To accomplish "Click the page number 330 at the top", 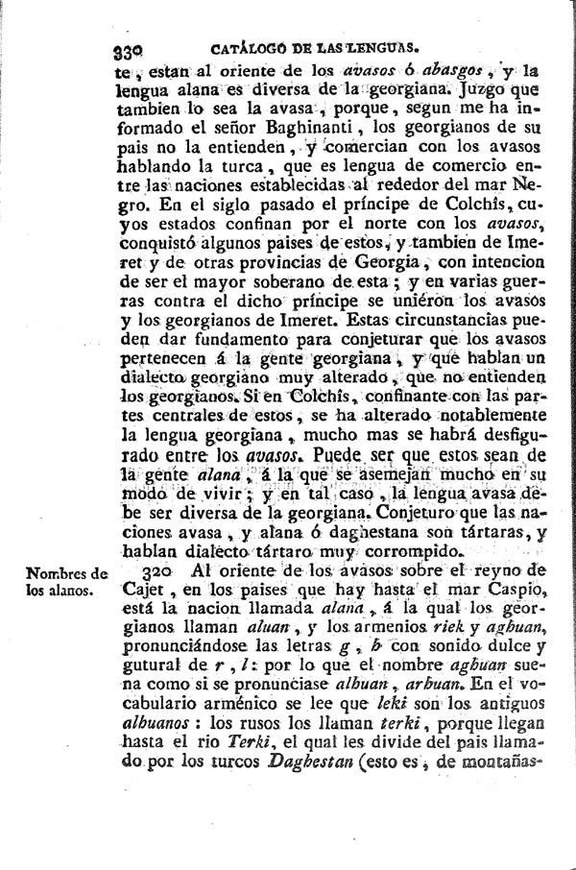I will click(x=127, y=48).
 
